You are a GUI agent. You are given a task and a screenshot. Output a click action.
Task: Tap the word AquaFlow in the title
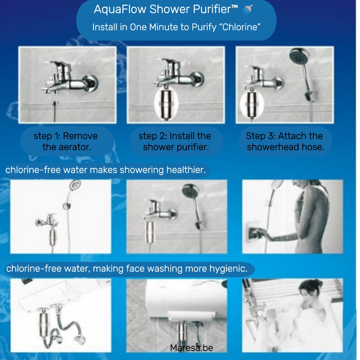coord(120,9)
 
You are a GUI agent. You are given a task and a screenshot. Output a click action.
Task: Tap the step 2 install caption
coord(175,141)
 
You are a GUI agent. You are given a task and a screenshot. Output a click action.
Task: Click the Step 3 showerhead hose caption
coord(285,141)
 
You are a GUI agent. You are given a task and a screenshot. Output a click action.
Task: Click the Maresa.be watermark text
coord(191,348)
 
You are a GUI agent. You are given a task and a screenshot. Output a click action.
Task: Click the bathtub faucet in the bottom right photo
coord(253,313)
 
